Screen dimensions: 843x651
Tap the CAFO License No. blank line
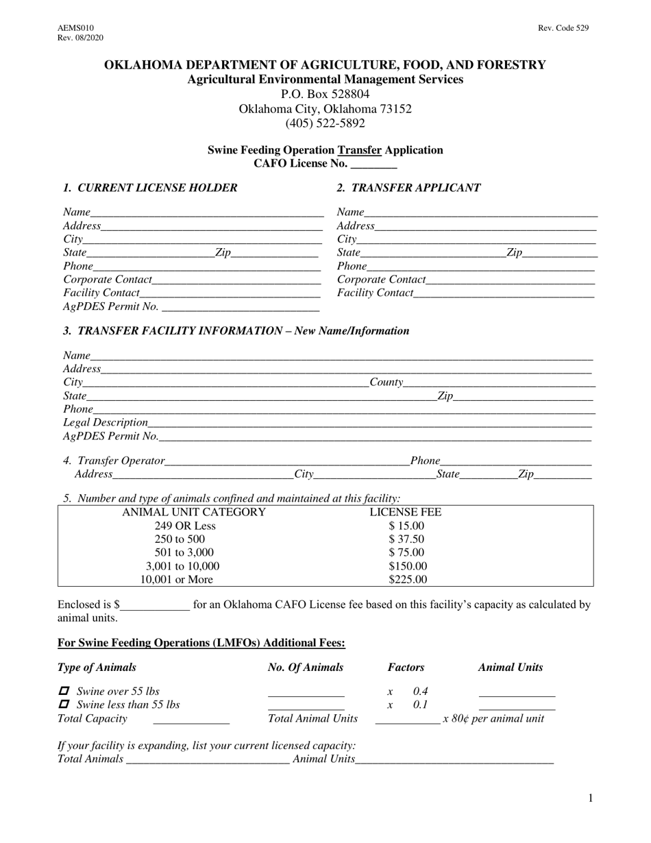tap(373, 164)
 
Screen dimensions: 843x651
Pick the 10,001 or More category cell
tap(177, 580)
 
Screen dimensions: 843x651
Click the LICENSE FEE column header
tap(406, 513)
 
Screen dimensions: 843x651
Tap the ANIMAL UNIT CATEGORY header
tap(194, 513)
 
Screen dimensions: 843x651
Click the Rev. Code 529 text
tap(563, 28)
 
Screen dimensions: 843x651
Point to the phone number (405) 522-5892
tap(325, 124)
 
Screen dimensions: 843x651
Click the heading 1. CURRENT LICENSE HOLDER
tap(150, 188)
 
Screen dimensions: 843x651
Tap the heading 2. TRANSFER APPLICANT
tap(408, 188)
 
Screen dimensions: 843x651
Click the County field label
tap(386, 382)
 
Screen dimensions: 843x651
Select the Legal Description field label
tap(106, 422)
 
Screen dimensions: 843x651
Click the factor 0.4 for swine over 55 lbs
tap(421, 692)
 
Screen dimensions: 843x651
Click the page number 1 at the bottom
tap(591, 798)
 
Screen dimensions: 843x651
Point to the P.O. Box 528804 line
tap(325, 95)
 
